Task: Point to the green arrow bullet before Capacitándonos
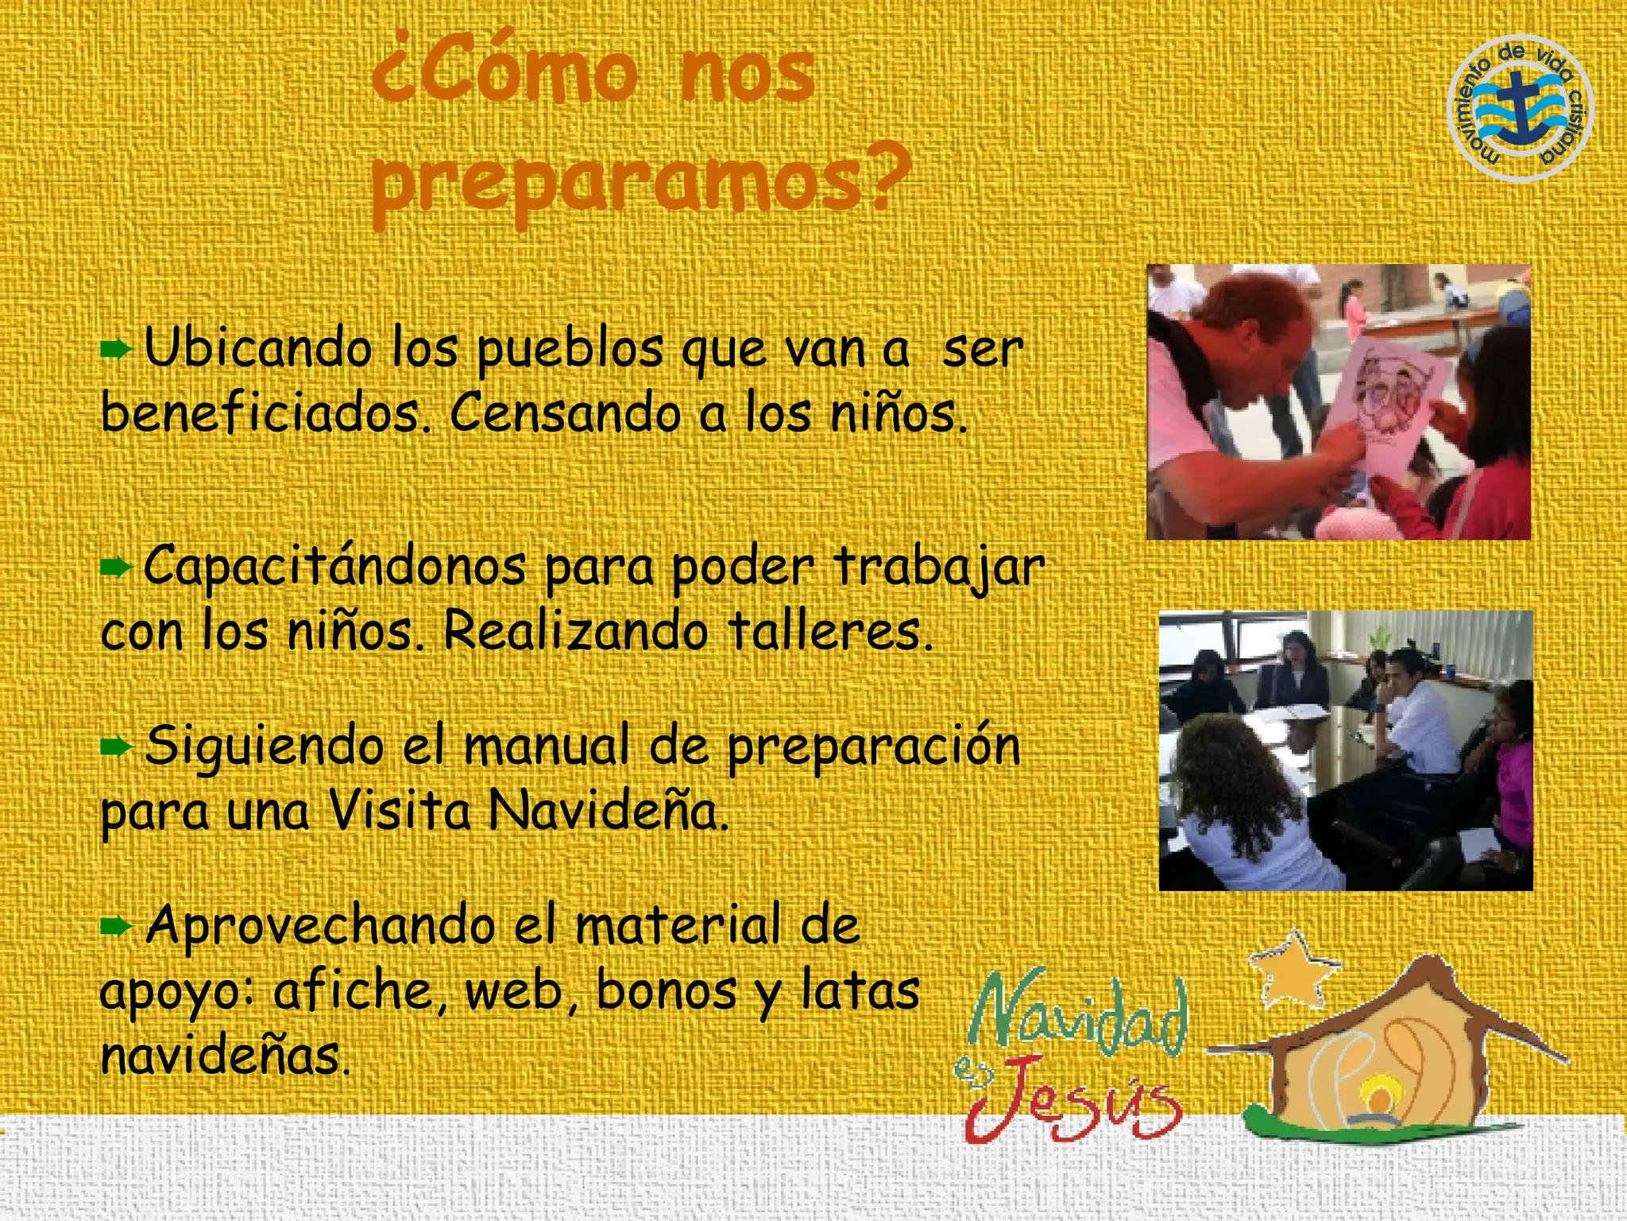coord(116,567)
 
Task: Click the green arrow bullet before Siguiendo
coord(116,746)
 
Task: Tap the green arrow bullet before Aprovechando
coord(116,925)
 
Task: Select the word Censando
coord(565,414)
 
